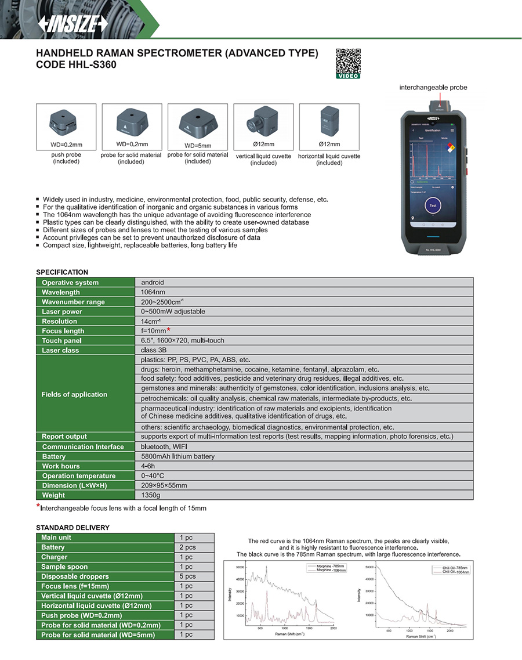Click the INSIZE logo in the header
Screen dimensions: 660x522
pos(72,23)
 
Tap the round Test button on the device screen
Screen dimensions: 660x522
pos(432,205)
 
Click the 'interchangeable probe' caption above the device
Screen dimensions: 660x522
pos(433,88)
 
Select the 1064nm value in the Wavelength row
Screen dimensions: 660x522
pos(153,292)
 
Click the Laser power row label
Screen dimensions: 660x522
pos(62,312)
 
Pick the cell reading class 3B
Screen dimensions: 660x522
pos(153,350)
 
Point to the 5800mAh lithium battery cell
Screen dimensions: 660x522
pos(177,456)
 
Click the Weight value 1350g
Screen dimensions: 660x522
pos(151,495)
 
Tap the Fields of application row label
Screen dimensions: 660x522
pos(74,394)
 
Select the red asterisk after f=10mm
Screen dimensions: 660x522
pos(169,330)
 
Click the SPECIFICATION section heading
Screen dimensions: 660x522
pos(62,272)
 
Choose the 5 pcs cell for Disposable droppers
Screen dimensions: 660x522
pos(187,576)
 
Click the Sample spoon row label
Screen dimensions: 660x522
pos(65,567)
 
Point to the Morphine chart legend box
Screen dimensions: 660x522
pos(325,568)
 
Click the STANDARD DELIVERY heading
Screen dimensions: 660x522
pos(72,527)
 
